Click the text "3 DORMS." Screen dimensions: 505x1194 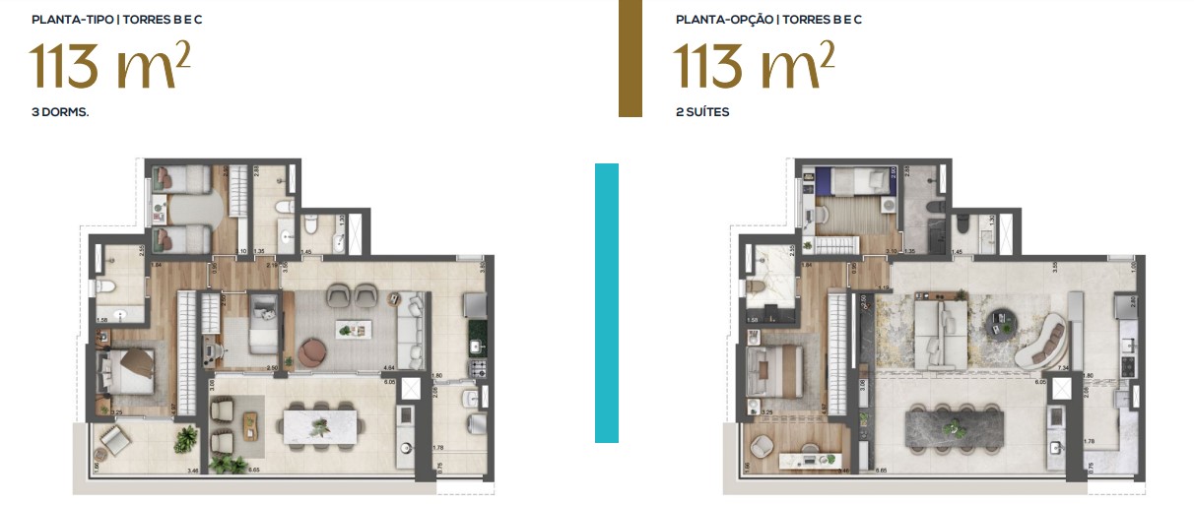click(60, 112)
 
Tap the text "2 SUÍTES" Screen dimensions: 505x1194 click(702, 112)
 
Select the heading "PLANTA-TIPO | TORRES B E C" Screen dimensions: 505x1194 click(124, 19)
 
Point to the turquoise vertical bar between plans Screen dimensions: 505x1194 click(607, 302)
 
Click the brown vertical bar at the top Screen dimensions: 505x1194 click(630, 58)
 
